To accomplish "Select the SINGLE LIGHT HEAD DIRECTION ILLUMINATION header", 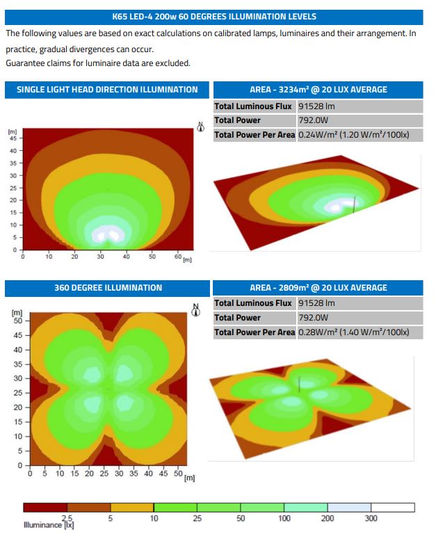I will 107,90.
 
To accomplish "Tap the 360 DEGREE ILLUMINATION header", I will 107,288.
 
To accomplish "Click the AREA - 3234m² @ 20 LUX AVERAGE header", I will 318,90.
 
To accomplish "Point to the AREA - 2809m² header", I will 318,288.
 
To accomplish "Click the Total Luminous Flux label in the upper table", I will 253,106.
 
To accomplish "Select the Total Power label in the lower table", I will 238,318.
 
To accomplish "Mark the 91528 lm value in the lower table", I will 316,303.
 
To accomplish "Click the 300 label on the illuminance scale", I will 371,519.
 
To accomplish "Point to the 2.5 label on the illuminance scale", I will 67,519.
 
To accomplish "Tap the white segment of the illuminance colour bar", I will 392,508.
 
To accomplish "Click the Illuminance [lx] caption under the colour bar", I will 49,526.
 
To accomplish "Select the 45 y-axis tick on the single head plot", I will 13,138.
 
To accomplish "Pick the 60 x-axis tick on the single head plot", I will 177,257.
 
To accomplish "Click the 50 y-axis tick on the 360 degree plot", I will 19,321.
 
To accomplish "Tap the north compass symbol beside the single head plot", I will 200,129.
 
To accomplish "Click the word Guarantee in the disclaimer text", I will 26,63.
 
